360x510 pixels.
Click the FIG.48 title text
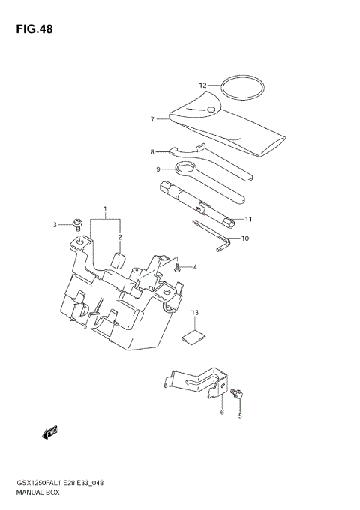tap(32, 29)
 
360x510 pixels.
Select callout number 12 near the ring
tap(202, 85)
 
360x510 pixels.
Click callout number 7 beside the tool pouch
tap(152, 118)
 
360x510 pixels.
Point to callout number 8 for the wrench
tap(151, 151)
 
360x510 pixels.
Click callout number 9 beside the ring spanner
tap(158, 169)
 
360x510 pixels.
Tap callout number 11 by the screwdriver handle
tap(248, 219)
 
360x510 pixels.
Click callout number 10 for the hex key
tap(244, 238)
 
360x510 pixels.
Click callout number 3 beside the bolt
tap(55, 224)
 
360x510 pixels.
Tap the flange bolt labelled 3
tap(77, 224)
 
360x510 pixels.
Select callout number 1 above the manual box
tap(106, 208)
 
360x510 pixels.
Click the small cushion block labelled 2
tap(118, 259)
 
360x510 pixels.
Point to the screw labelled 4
tap(177, 266)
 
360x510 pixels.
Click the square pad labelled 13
tap(196, 336)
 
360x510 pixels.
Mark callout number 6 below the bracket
tap(222, 412)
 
